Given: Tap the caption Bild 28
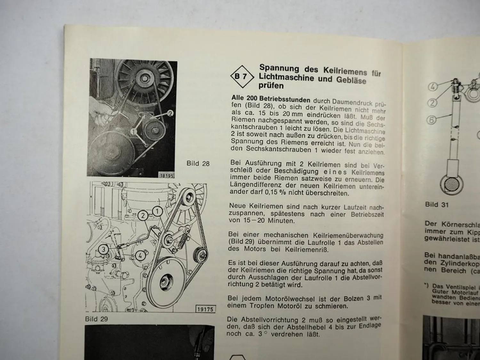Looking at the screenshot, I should point(198,164).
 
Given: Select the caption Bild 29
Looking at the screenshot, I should point(96,319).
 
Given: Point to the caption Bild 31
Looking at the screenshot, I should point(437,204).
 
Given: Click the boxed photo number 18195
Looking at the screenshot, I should point(166,175).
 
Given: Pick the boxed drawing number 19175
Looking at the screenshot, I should point(205,309).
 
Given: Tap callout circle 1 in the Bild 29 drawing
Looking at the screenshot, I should point(157,211).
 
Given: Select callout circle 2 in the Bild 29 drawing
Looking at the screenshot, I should point(143,216).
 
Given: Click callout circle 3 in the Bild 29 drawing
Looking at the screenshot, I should point(103,249).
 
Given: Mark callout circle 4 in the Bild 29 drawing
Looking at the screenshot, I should point(140,255).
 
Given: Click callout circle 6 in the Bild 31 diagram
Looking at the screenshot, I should point(432,120).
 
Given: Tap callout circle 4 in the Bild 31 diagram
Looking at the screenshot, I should point(433,86).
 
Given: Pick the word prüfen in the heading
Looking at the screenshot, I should point(271,86).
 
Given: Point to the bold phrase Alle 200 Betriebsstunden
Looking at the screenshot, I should point(271,99).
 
